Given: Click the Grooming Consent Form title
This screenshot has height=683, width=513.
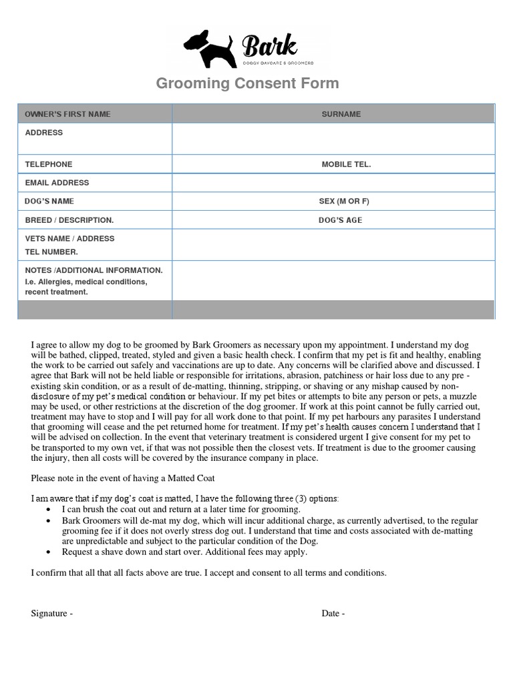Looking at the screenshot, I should tap(247, 83).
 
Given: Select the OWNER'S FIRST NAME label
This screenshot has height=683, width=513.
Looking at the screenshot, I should tap(67, 114).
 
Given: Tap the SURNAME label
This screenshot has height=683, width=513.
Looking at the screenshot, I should tap(341, 114).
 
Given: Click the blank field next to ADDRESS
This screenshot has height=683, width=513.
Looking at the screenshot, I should tap(333, 138).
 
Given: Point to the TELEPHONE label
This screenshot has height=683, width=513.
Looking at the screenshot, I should tap(49, 164).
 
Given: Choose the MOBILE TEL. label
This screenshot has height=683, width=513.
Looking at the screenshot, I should tap(346, 164).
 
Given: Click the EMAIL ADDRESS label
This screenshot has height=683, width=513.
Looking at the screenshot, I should tap(57, 183).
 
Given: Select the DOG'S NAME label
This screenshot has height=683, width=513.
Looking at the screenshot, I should tap(49, 201).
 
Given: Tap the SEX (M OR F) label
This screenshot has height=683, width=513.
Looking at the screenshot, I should tap(344, 201).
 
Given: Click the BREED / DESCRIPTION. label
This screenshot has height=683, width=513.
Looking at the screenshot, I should tap(69, 220).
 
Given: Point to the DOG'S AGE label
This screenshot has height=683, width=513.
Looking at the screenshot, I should tap(340, 220).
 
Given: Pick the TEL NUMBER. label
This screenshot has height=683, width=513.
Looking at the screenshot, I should tap(51, 252).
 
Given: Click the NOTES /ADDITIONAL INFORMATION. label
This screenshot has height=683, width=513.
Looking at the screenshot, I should tap(94, 270).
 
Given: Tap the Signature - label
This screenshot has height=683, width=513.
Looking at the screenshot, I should tap(52, 614).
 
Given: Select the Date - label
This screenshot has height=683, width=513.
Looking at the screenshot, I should tap(333, 614).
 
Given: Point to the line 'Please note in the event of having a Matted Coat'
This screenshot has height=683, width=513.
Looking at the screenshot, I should tap(124, 478).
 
